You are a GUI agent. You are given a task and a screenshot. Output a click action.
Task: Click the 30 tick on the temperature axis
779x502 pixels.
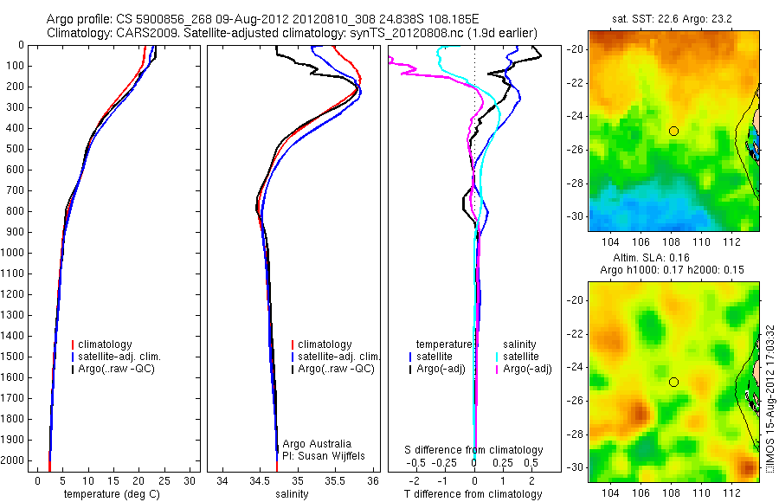click(x=190, y=479)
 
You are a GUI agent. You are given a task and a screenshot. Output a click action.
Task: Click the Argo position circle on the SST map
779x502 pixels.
click(x=673, y=131)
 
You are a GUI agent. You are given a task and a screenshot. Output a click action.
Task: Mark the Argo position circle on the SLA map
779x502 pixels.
click(x=673, y=382)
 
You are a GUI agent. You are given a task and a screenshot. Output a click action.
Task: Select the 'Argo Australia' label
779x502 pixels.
click(x=317, y=443)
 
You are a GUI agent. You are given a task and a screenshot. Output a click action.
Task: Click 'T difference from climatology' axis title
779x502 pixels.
click(x=473, y=494)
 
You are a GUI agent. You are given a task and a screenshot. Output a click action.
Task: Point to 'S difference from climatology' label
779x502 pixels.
click(x=474, y=450)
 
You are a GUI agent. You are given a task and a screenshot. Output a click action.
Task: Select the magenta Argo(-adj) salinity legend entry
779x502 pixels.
click(x=527, y=369)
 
